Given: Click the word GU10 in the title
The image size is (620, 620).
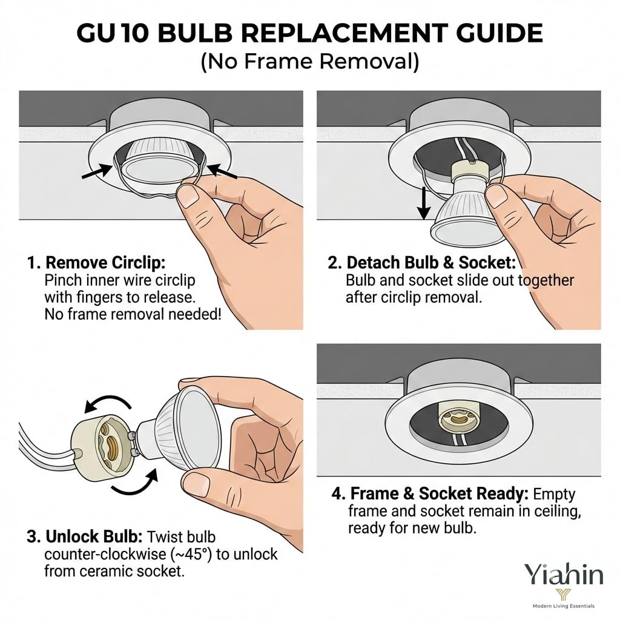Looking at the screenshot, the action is tap(113, 33).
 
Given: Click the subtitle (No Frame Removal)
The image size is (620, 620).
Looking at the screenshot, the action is tap(310, 62).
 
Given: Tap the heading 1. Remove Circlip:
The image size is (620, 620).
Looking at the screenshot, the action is tap(96, 263).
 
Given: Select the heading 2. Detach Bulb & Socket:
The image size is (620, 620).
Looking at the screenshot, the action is tap(421, 263).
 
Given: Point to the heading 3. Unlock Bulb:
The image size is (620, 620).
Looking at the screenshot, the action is tap(85, 537).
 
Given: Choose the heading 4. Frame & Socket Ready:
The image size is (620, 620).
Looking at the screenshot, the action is tap(430, 493).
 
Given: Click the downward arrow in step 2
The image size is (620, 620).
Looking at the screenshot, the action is tap(424, 203).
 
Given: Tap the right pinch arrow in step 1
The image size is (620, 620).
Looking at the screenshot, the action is tap(222, 171).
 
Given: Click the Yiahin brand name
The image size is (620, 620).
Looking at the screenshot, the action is tap(563, 575).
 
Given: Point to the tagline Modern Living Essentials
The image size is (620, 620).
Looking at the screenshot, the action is tap(564, 605).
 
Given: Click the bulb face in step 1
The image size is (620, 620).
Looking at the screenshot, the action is tap(159, 168).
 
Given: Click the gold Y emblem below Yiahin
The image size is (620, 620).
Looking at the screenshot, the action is tap(564, 595).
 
